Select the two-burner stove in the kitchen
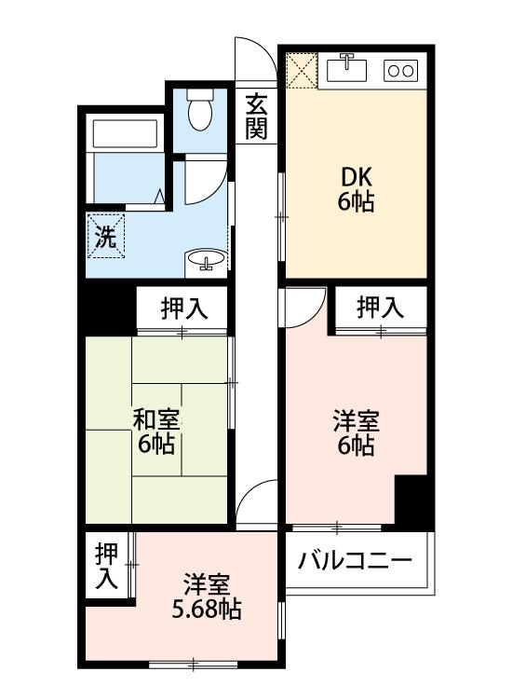(x=402, y=69)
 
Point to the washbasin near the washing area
(x=206, y=261)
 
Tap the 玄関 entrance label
(x=256, y=116)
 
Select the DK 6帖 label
(x=355, y=189)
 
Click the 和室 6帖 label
(x=155, y=431)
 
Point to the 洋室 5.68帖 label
(x=207, y=597)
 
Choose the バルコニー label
(x=355, y=561)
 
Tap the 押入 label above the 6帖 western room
(x=380, y=307)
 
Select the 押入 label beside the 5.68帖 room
(x=107, y=566)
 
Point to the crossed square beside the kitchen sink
(x=302, y=68)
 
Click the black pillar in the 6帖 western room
(x=410, y=500)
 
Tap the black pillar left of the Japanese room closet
(x=109, y=308)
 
